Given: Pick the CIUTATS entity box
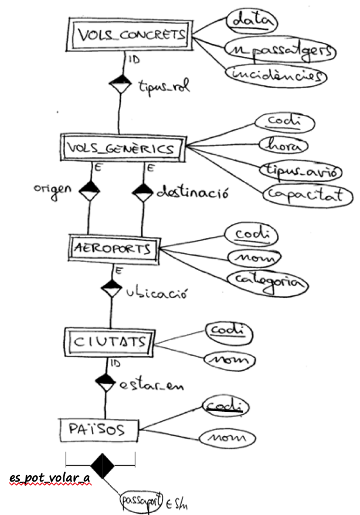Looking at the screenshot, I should click(106, 341).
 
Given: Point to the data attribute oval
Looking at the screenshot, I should click(251, 22).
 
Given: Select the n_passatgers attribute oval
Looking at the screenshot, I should click(280, 51).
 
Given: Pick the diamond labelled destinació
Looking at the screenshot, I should click(142, 191).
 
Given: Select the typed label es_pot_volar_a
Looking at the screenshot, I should click(50, 477).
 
